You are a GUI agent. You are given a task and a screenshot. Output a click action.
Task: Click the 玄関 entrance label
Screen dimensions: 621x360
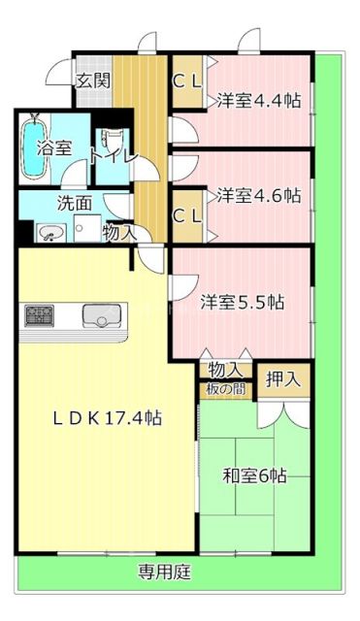click(x=94, y=80)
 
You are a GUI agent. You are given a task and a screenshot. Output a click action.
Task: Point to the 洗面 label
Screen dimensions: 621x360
click(x=74, y=204)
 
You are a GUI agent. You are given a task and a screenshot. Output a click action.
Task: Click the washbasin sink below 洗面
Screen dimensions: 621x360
click(x=49, y=233)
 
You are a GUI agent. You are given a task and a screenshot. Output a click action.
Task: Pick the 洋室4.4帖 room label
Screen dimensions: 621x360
click(x=257, y=99)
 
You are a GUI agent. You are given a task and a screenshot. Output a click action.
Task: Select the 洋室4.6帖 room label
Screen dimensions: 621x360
click(x=257, y=195)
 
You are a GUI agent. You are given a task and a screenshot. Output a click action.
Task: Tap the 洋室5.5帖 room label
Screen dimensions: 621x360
click(x=242, y=301)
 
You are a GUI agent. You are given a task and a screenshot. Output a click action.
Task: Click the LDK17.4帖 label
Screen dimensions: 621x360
click(x=107, y=418)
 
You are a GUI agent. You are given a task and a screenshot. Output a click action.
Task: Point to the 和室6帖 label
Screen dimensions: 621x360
click(x=254, y=475)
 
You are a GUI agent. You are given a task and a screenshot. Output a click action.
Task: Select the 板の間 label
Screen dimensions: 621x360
click(x=225, y=389)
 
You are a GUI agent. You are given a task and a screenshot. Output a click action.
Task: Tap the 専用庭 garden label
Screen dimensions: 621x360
click(x=163, y=572)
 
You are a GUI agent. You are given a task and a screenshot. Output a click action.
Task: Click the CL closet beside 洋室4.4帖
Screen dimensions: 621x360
click(x=186, y=82)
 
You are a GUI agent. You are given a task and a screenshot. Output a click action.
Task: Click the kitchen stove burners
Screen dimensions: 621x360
click(x=40, y=314)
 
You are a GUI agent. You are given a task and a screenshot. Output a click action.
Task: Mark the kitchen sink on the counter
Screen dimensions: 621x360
click(x=99, y=315)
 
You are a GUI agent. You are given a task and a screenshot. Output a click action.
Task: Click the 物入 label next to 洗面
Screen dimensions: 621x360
click(x=119, y=233)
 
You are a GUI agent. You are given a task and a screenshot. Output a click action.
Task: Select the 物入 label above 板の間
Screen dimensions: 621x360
click(x=225, y=370)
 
